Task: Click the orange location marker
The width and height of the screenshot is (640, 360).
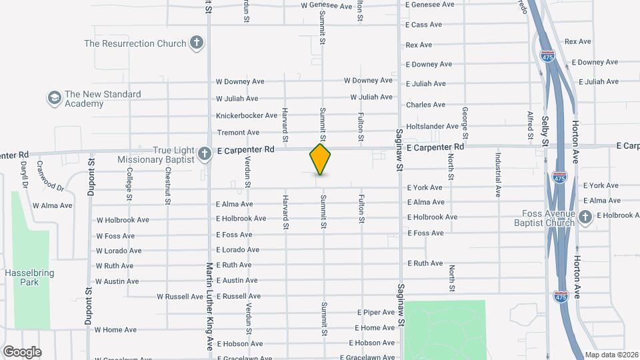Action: tap(320, 159)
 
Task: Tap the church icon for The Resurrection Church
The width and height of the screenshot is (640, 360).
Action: tap(196, 43)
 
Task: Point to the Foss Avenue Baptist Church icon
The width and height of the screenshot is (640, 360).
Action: tap(585, 217)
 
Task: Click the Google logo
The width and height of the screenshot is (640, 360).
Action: tap(22, 351)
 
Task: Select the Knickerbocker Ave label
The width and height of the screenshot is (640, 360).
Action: tap(247, 115)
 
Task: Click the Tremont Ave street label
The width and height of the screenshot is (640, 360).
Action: tap(237, 133)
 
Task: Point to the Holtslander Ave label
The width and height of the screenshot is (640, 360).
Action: tap(433, 126)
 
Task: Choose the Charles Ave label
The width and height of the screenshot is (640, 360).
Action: tap(425, 105)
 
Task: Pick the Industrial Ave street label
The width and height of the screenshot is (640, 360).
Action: tap(498, 175)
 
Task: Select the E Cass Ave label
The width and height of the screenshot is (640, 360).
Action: tap(423, 25)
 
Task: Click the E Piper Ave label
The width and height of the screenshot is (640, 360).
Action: tap(376, 312)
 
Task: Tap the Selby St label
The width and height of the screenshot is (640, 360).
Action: tap(545, 131)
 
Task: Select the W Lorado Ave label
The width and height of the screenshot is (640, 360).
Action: tap(119, 251)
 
